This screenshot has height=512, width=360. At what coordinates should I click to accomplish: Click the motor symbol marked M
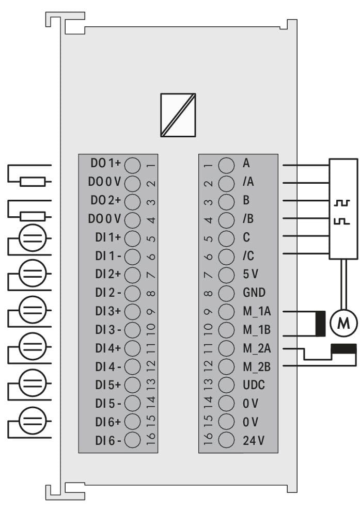click(343, 323)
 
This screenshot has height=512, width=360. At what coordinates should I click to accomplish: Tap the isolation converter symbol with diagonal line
click(178, 115)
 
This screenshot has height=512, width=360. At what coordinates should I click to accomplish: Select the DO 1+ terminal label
click(105, 163)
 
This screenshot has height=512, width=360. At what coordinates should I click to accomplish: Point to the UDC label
click(254, 385)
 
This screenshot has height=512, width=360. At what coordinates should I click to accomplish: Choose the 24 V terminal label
click(254, 440)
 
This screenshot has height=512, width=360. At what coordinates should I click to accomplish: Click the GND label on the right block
click(254, 293)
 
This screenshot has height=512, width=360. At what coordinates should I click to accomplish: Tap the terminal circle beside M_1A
click(226, 312)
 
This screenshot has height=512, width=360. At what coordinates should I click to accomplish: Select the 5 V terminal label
click(250, 274)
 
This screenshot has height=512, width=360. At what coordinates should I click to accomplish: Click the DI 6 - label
click(108, 441)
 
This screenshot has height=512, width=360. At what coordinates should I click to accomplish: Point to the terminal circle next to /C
click(226, 256)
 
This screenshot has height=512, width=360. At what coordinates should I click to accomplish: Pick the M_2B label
click(257, 367)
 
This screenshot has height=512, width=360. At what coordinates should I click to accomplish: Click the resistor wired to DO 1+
click(33, 182)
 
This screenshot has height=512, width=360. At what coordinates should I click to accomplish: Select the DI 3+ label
click(108, 311)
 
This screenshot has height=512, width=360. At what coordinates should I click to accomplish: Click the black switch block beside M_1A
click(320, 324)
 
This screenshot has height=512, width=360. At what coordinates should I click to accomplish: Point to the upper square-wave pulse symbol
click(342, 203)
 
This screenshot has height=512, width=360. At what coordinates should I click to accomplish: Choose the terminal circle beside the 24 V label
click(226, 440)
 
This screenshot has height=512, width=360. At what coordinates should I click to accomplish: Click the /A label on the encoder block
click(248, 181)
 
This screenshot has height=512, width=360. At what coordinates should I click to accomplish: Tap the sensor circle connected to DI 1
click(33, 238)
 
